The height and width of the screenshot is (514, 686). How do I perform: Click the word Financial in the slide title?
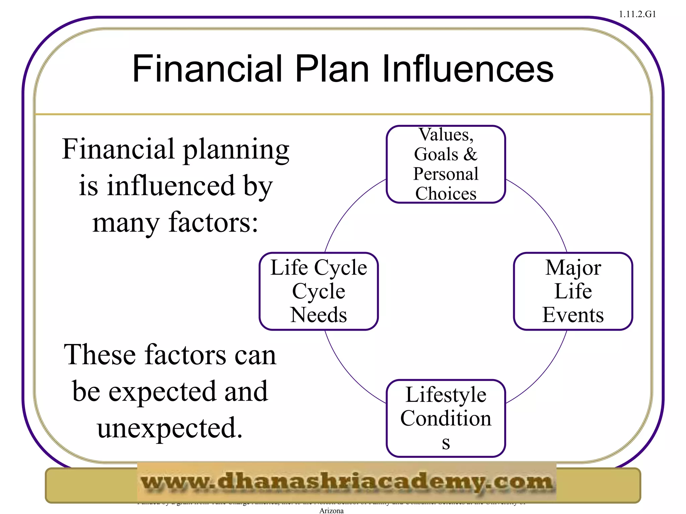pos(207,69)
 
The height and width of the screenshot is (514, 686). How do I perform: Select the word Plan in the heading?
pos(332,69)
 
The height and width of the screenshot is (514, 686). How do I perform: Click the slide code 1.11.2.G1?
pos(637,14)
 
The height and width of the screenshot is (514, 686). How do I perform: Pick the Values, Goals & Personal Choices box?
pos(445,164)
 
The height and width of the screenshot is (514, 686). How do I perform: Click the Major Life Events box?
pos(573,291)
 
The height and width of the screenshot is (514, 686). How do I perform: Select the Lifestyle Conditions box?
pos(445,418)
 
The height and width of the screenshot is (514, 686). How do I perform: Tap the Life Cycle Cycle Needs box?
pos(319,291)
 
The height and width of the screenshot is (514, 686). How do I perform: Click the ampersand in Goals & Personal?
pos(470,154)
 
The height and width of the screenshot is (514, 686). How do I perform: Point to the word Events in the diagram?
pos(573,315)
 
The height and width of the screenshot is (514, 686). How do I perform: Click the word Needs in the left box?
pos(319,315)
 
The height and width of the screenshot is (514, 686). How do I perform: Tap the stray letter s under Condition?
pos(445,443)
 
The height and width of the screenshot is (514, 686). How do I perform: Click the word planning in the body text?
pos(236,150)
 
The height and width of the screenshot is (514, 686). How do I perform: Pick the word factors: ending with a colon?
pos(213,223)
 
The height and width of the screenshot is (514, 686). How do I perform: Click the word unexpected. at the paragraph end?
pos(170,428)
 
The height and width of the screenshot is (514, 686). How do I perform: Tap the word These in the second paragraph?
pos(100,355)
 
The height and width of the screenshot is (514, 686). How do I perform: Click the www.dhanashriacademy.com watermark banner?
pos(347,482)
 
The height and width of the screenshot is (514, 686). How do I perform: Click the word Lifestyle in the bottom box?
pos(445,395)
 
